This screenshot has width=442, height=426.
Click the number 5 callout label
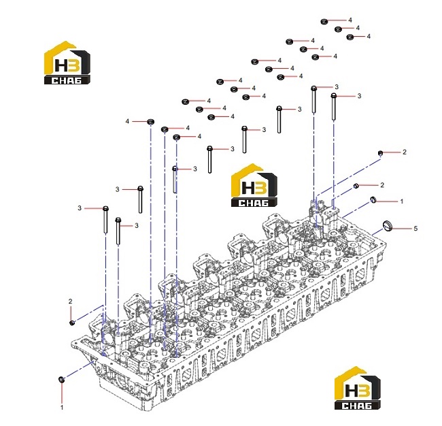tap(415, 228)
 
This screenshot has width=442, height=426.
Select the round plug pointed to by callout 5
tap(388, 226)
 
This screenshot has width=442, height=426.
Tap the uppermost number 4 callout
tap(350, 20)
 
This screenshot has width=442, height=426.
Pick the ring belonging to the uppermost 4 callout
tap(324, 22)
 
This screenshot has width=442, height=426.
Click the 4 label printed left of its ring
tap(127, 121)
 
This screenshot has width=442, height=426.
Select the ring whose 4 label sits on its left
tap(151, 122)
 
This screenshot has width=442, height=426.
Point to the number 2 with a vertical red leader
tap(70, 301)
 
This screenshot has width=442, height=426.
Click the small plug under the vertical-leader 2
tap(72, 323)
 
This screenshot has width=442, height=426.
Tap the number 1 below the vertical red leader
tap(62, 408)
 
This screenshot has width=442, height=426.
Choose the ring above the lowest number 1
tap(61, 380)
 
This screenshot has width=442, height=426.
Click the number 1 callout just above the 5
tap(402, 201)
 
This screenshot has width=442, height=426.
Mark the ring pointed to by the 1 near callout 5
tap(373, 199)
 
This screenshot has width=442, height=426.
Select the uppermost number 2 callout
tap(405, 152)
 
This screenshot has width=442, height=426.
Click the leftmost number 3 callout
tap(80, 208)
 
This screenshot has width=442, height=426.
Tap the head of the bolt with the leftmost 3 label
tap(105, 208)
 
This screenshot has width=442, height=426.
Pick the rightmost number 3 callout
tap(359, 96)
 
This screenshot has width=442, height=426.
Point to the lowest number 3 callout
tap(137, 225)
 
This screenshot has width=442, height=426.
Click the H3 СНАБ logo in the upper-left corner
tap(67, 63)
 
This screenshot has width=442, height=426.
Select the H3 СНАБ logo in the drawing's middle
tap(254, 185)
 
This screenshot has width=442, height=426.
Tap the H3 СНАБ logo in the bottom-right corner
tap(358, 388)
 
